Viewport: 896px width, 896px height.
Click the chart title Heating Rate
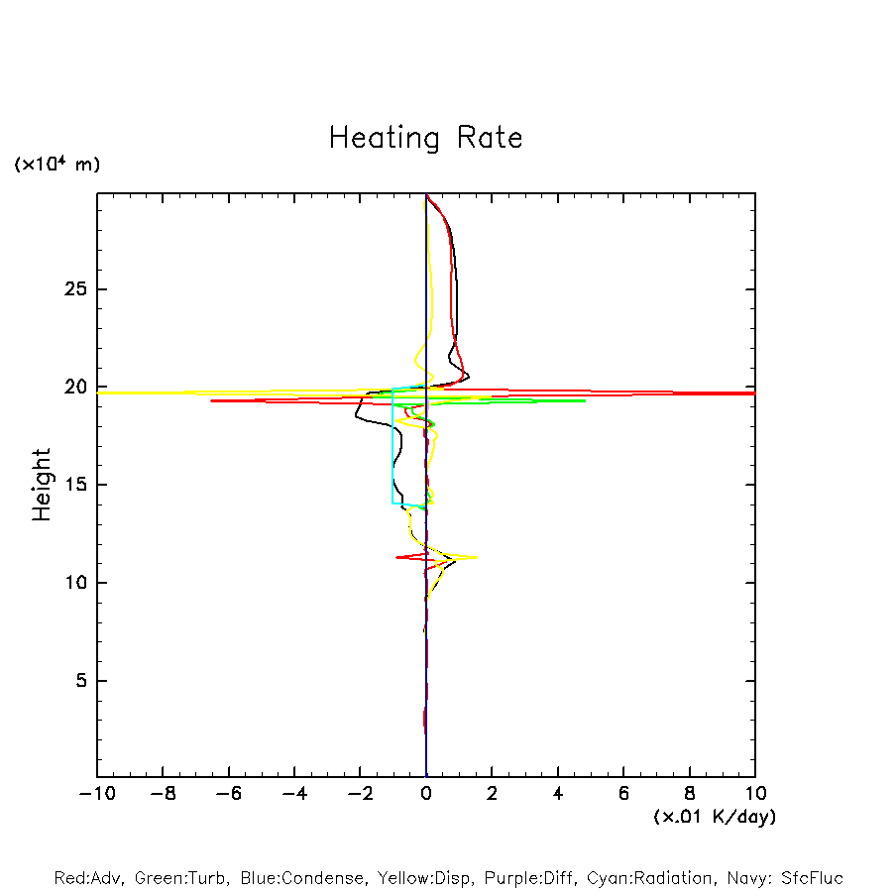pyautogui.click(x=425, y=138)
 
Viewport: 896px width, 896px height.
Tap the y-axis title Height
pyautogui.click(x=42, y=485)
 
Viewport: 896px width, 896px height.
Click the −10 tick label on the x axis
pyautogui.click(x=96, y=794)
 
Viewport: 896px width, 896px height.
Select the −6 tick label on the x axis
pyautogui.click(x=228, y=794)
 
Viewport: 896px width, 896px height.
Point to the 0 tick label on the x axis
pyautogui.click(x=426, y=794)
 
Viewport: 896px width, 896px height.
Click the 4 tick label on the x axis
pyautogui.click(x=558, y=794)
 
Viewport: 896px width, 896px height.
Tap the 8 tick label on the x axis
pyautogui.click(x=690, y=794)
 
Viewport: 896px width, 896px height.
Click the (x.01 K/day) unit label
pyautogui.click(x=715, y=817)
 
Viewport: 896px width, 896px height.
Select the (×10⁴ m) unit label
pyautogui.click(x=56, y=165)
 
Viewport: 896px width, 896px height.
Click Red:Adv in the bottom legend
pyautogui.click(x=87, y=878)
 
